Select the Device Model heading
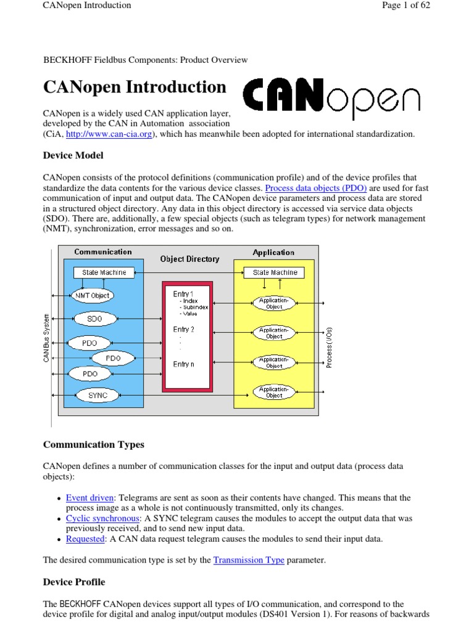coord(73,155)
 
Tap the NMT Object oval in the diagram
coord(92,295)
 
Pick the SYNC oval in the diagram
coord(98,396)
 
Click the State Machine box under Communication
coord(104,272)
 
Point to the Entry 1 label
coord(183,294)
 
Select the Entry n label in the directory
coord(183,364)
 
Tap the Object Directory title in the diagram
coord(189,259)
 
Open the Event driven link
coord(89,498)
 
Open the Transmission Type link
coord(249,560)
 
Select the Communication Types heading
coord(93,445)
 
